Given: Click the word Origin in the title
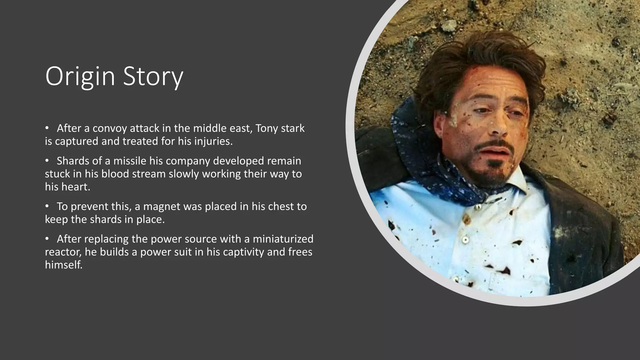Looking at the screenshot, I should tap(80, 77).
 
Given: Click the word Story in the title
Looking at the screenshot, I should tap(153, 77).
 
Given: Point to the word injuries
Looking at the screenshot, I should tap(213, 142).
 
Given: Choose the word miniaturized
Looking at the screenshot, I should tap(283, 239).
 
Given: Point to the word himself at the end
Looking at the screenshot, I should tap(63, 265).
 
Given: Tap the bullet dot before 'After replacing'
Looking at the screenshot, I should tap(47, 239).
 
